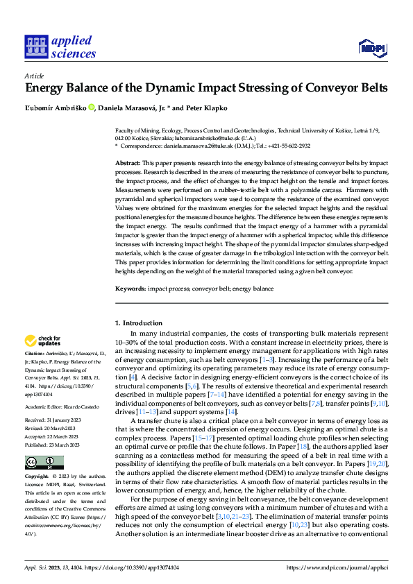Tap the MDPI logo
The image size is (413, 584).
pos(372,46)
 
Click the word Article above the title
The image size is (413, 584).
pos(34,76)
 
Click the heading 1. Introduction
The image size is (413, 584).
pos(138,323)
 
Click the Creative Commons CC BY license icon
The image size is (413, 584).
pos(44,462)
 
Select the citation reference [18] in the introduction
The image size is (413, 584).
pos(302,448)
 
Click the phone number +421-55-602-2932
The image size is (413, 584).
pos(285,146)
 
